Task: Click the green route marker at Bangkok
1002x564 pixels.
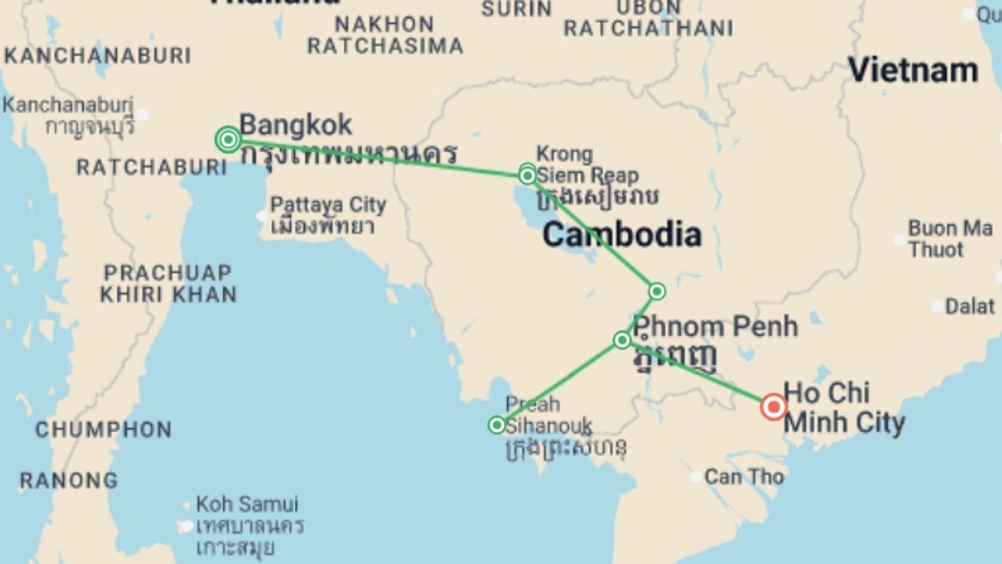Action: [x=228, y=139]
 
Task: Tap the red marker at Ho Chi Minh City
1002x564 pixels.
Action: [x=773, y=407]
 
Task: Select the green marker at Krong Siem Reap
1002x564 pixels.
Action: [x=528, y=175]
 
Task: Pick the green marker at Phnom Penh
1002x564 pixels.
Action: [x=622, y=340]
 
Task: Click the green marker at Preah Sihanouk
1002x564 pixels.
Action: [x=496, y=425]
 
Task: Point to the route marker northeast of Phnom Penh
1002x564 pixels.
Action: [x=657, y=291]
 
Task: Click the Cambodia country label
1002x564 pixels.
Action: [x=622, y=234]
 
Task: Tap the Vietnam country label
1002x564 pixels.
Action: [x=913, y=70]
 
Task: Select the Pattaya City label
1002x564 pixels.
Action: [x=328, y=205]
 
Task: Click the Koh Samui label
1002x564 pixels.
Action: [x=247, y=504]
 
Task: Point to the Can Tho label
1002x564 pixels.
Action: [x=744, y=477]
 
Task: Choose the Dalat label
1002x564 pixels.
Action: [x=970, y=307]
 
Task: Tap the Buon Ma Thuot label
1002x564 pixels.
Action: [x=950, y=239]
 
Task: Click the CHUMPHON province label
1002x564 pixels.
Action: [x=103, y=430]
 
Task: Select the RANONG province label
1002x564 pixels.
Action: [x=69, y=480]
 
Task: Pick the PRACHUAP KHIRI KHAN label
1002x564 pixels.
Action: [x=168, y=284]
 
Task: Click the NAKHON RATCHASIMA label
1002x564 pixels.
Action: [x=385, y=36]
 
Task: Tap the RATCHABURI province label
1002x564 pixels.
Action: [x=151, y=168]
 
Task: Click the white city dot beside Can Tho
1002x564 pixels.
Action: [x=696, y=477]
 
